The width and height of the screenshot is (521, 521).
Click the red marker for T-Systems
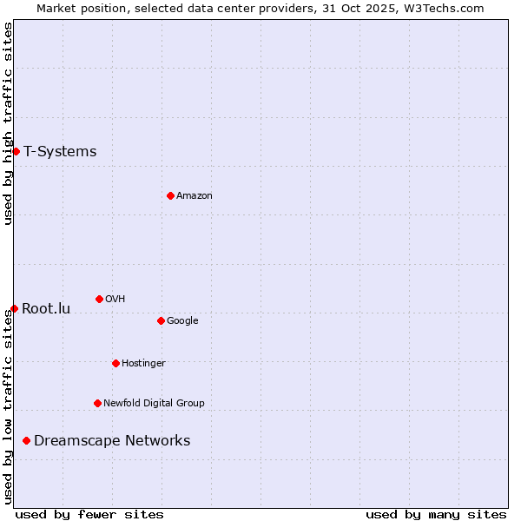click(x=16, y=152)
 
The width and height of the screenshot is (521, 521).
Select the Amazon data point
click(x=170, y=195)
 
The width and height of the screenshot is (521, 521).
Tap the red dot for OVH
click(x=99, y=299)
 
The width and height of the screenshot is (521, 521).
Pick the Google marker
click(x=161, y=320)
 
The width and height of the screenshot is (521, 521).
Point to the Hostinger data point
click(x=115, y=363)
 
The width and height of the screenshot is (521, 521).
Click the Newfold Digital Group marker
click(x=97, y=403)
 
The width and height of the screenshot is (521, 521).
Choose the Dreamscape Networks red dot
click(x=26, y=441)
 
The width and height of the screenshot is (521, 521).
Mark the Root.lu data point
click(x=14, y=308)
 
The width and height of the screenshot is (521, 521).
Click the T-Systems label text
click(x=60, y=152)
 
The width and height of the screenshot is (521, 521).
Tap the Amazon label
click(x=195, y=195)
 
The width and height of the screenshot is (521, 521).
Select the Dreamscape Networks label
click(x=112, y=441)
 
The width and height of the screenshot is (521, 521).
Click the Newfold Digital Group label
click(x=154, y=403)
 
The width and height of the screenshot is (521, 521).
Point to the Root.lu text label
click(x=46, y=308)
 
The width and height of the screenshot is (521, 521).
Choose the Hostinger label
click(x=143, y=363)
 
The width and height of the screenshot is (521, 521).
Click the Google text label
click(x=182, y=320)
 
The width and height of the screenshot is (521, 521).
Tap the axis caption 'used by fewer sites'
click(x=89, y=514)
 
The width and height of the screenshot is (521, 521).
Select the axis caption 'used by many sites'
click(x=436, y=514)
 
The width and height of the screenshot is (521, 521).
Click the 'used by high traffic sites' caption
click(x=8, y=123)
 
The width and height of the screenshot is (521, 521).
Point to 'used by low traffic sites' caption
click(x=8, y=406)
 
